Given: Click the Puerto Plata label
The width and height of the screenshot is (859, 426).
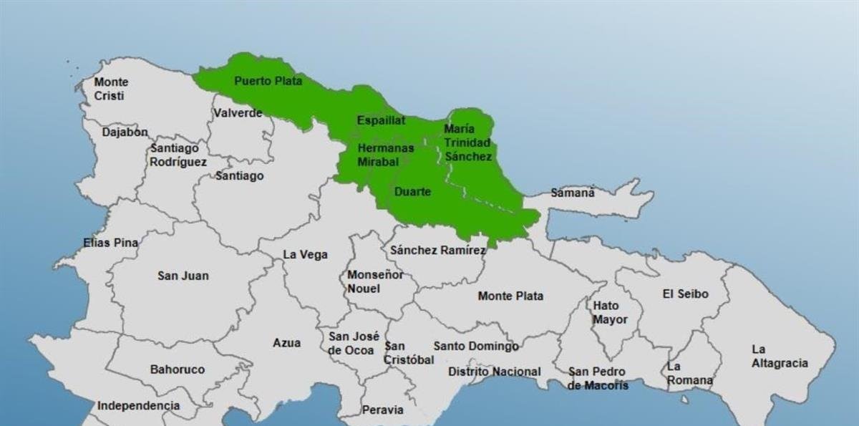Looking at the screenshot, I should tap(268, 81).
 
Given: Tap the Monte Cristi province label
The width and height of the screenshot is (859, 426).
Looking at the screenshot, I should tap(112, 89).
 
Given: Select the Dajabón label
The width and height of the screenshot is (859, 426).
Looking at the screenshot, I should tap(125, 132).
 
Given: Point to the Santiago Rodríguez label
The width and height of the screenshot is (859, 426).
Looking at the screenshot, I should tap(178, 155).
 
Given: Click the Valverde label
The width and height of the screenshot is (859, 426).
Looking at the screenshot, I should tap(238, 113).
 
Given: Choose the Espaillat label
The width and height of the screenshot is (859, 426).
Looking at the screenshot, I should tap(381, 120).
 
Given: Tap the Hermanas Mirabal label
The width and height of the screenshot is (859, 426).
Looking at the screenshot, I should tap(386, 155).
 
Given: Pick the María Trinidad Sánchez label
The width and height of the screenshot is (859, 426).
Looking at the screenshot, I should tap(467, 142).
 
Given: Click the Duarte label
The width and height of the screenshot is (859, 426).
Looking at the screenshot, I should tap(413, 192).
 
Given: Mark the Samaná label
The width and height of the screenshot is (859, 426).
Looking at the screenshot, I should tap(573, 193).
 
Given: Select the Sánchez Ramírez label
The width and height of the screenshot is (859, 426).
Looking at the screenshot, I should tap(437, 250).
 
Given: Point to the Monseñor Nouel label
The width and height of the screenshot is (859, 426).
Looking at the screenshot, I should tap(375, 281).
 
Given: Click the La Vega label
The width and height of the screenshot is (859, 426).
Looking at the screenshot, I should tap(306, 254).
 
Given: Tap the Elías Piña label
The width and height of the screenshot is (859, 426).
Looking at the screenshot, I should tap(111, 243).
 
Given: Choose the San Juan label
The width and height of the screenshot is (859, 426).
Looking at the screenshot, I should tap(183, 276).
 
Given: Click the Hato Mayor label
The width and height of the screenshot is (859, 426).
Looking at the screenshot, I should tap(610, 313).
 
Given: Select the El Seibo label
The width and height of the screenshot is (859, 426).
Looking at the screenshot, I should tap(685, 294).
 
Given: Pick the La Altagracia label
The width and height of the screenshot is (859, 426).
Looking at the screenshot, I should tap(780, 356).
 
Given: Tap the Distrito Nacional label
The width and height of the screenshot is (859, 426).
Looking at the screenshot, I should tap(495, 372).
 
